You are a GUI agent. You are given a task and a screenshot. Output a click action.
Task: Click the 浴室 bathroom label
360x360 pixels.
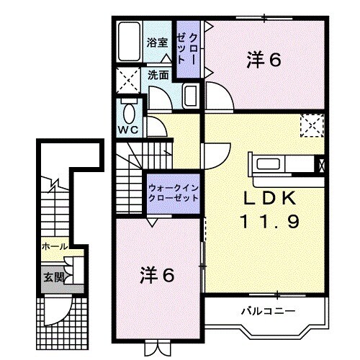158,42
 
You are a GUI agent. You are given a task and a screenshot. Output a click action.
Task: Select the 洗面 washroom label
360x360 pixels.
158,74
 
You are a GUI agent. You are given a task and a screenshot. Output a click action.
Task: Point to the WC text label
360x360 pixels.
129,130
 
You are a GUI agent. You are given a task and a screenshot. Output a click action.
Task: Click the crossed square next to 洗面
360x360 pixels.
130,78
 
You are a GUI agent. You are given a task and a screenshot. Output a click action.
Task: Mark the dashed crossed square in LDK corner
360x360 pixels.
311,125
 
